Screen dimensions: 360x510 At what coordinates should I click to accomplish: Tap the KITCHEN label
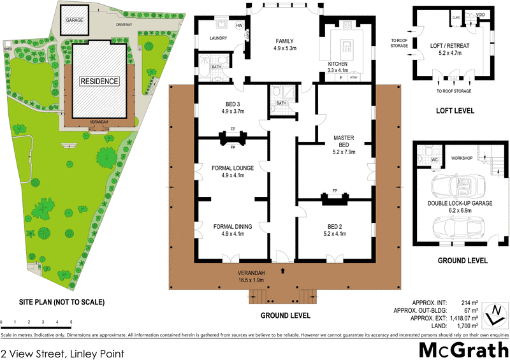tap(338, 64)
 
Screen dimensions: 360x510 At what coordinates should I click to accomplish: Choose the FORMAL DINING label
tap(232, 226)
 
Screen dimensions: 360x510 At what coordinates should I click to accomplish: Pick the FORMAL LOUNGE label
tap(233, 168)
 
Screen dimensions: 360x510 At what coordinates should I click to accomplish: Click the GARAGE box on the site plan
tap(75, 20)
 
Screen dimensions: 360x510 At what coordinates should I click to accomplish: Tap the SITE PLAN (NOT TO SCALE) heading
tap(54, 302)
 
